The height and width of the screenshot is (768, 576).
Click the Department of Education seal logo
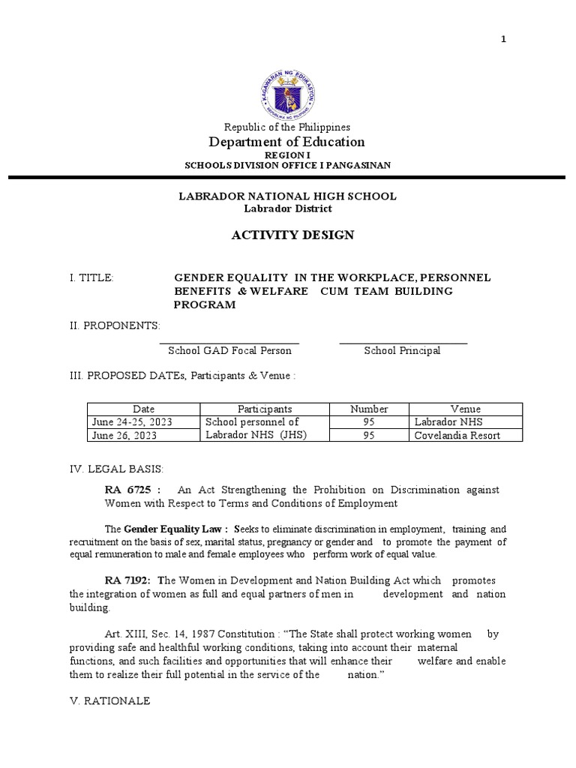(x=287, y=87)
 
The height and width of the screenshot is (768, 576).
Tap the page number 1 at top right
(x=504, y=40)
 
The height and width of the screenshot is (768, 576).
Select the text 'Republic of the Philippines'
(x=287, y=128)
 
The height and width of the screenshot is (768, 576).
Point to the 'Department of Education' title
(x=287, y=142)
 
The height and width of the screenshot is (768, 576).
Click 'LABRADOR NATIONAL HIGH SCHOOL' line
(x=287, y=196)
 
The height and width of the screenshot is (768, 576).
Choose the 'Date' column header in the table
(x=143, y=409)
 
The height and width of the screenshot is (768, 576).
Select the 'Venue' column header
(x=465, y=409)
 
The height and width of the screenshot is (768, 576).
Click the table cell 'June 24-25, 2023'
(x=132, y=422)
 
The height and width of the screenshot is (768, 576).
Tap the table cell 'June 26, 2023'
(x=124, y=435)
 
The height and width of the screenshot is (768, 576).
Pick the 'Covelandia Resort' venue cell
(x=457, y=435)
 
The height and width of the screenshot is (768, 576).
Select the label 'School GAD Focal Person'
(x=229, y=351)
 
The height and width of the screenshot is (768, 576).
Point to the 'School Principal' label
(x=402, y=351)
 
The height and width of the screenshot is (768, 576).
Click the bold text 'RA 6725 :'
(x=133, y=490)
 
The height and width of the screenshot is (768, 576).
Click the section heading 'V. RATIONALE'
(x=109, y=700)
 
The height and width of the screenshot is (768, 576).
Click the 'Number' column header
(x=369, y=409)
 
